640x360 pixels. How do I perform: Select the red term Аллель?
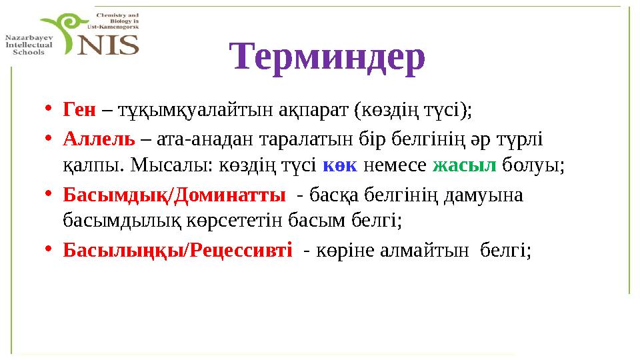[x=99, y=140]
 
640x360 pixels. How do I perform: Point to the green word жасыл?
[x=464, y=165]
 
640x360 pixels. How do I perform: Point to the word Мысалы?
[x=171, y=165]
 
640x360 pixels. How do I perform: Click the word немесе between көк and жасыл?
[x=397, y=165]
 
